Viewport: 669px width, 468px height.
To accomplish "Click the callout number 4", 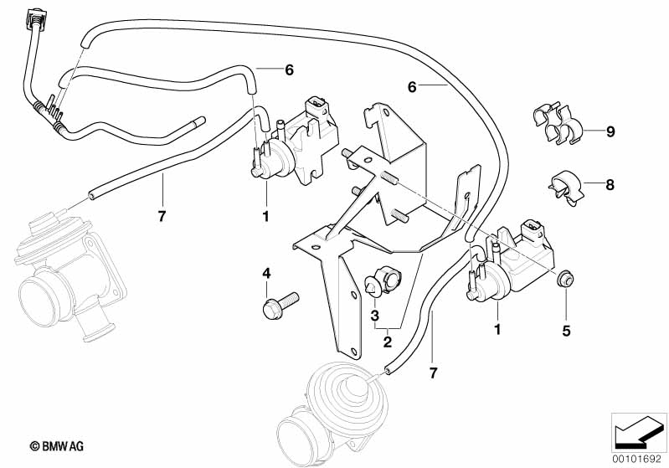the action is pos(266,273).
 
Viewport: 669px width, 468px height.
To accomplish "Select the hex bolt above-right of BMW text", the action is pos(280,305).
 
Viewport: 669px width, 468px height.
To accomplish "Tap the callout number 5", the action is pos(566,331).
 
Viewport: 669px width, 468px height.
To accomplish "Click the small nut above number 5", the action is pos(565,280).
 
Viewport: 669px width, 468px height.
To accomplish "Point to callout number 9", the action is pos(610,131).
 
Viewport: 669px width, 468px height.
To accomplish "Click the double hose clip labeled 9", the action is pos(557,122).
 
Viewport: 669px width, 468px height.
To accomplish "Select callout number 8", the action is pos(610,185).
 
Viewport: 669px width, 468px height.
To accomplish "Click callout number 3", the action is pos(374,316).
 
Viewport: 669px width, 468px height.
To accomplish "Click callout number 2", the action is pos(387,342).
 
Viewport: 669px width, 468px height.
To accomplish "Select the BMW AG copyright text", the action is pos(57,446).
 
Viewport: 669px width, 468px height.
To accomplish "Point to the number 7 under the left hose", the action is pos(162,216).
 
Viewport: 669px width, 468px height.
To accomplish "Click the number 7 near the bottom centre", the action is pos(434,373).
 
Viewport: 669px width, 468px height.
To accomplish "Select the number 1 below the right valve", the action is pos(497,329).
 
